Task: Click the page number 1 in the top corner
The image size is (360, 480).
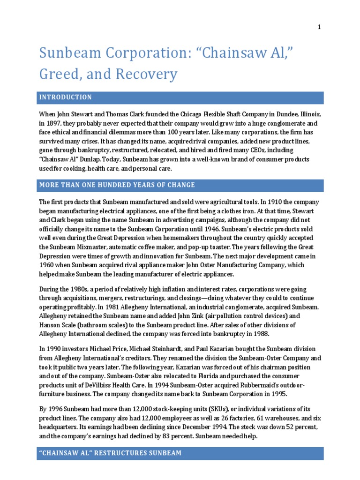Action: pos(319,27)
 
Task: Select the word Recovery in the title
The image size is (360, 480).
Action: pos(152,74)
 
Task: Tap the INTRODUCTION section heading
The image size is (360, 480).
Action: pos(66,97)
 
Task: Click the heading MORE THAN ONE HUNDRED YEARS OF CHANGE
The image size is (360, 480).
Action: pos(117,185)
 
